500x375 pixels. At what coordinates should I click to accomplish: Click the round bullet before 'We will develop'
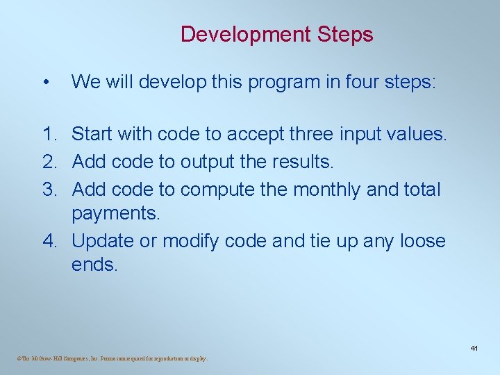[45, 83]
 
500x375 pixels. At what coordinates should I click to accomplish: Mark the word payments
[116, 213]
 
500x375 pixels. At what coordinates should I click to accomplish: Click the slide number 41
[475, 347]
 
